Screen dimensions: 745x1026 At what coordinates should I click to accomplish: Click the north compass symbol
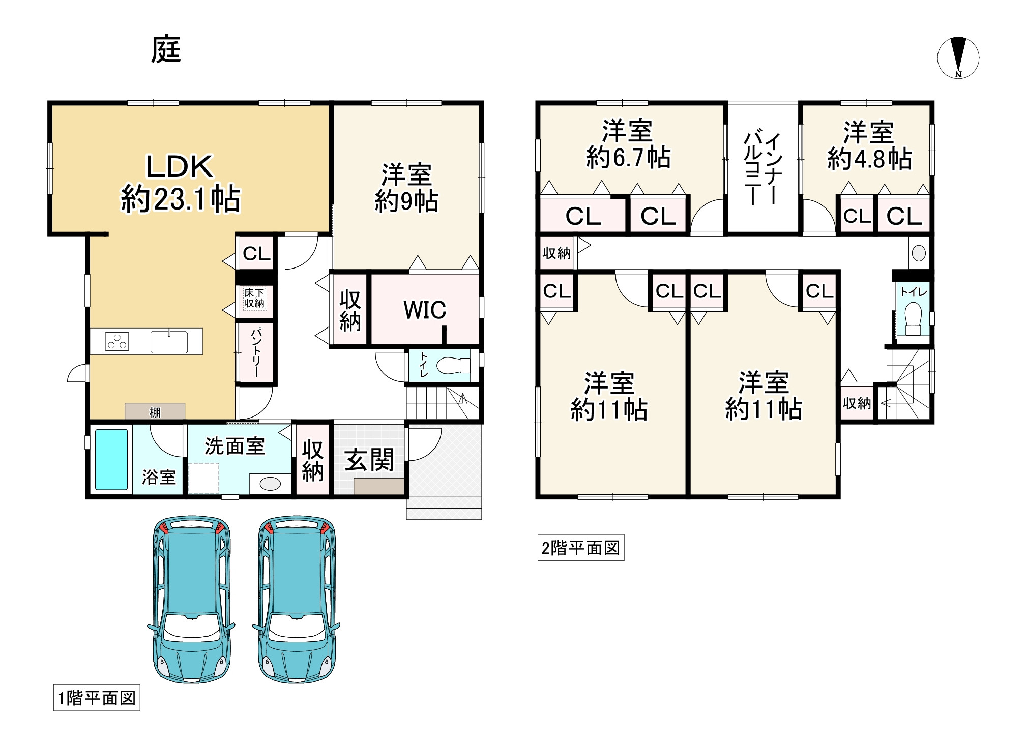coord(958,57)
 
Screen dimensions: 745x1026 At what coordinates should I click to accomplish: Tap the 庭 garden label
coord(166,50)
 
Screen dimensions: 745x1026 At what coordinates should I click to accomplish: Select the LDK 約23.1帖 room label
coord(180,183)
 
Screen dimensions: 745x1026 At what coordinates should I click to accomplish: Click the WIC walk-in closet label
coord(425,310)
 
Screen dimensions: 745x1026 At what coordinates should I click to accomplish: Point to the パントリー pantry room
coord(256,352)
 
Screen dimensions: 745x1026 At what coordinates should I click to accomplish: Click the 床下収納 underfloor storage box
coord(254,299)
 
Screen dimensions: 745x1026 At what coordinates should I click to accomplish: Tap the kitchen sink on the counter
coord(169,341)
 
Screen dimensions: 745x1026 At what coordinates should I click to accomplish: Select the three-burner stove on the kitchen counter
coord(117,341)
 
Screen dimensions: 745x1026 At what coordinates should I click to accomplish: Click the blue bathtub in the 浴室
coord(111,459)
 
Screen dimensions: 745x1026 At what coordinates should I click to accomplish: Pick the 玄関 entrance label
coord(369,460)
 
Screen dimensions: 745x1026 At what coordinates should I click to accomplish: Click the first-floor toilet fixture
coord(454,365)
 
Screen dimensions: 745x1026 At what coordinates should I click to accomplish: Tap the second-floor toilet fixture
coord(914,319)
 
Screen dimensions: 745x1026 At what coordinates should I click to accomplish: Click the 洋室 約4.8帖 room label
coord(869,145)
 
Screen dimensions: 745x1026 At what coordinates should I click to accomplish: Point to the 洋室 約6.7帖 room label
coord(628,144)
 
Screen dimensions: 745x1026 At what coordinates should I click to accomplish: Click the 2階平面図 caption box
coord(580,548)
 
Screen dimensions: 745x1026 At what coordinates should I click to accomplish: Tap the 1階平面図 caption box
coord(97,698)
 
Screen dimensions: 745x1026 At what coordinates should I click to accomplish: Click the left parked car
coord(192,600)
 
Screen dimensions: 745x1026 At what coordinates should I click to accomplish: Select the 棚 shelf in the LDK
coord(155,411)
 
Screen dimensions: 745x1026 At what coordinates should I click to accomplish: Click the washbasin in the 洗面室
coord(270,484)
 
